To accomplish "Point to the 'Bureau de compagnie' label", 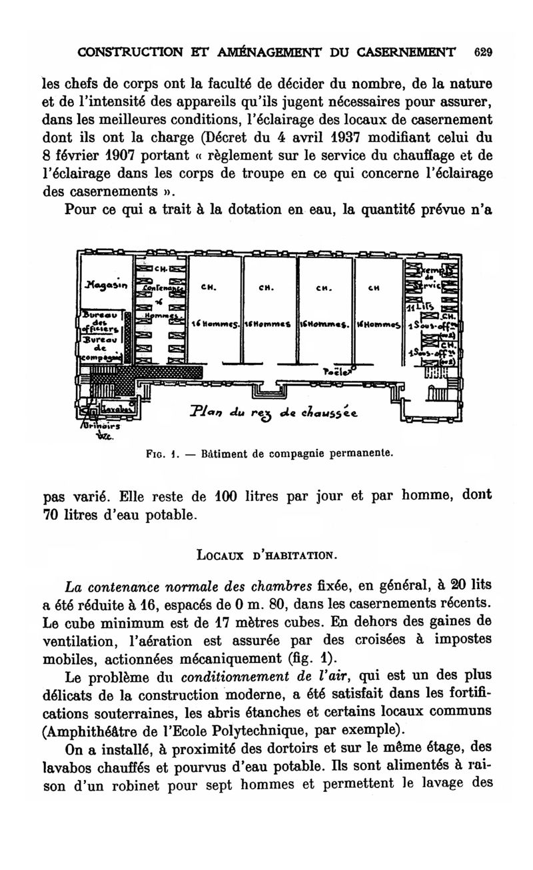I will (x=99, y=348).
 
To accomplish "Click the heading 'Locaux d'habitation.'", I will (x=266, y=553).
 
